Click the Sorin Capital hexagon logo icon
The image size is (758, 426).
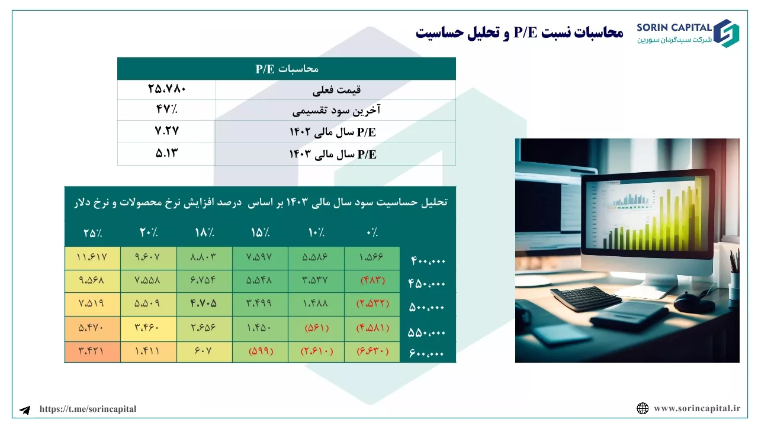pos(726,33)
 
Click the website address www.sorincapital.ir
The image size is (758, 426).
pos(697,408)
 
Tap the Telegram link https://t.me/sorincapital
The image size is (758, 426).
pos(88,409)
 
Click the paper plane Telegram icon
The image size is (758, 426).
pos(25,410)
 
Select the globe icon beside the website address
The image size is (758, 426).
pos(643,408)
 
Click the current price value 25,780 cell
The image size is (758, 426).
pos(167,89)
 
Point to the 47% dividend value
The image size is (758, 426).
pos(166,109)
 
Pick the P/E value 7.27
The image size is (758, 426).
pos(167,131)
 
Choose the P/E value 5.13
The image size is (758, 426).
pos(166,153)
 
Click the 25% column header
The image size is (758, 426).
pos(93,233)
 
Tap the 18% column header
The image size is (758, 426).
pos(204,233)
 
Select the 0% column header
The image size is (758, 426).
pos(372,233)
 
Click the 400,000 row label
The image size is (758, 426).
pos(428,261)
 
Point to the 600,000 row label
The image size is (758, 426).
pos(426,354)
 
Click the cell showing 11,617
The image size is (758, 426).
pos(92,257)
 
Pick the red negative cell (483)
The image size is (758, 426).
pos(372,280)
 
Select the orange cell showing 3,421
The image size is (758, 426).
pos(92,351)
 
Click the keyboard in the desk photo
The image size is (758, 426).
pos(586,298)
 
